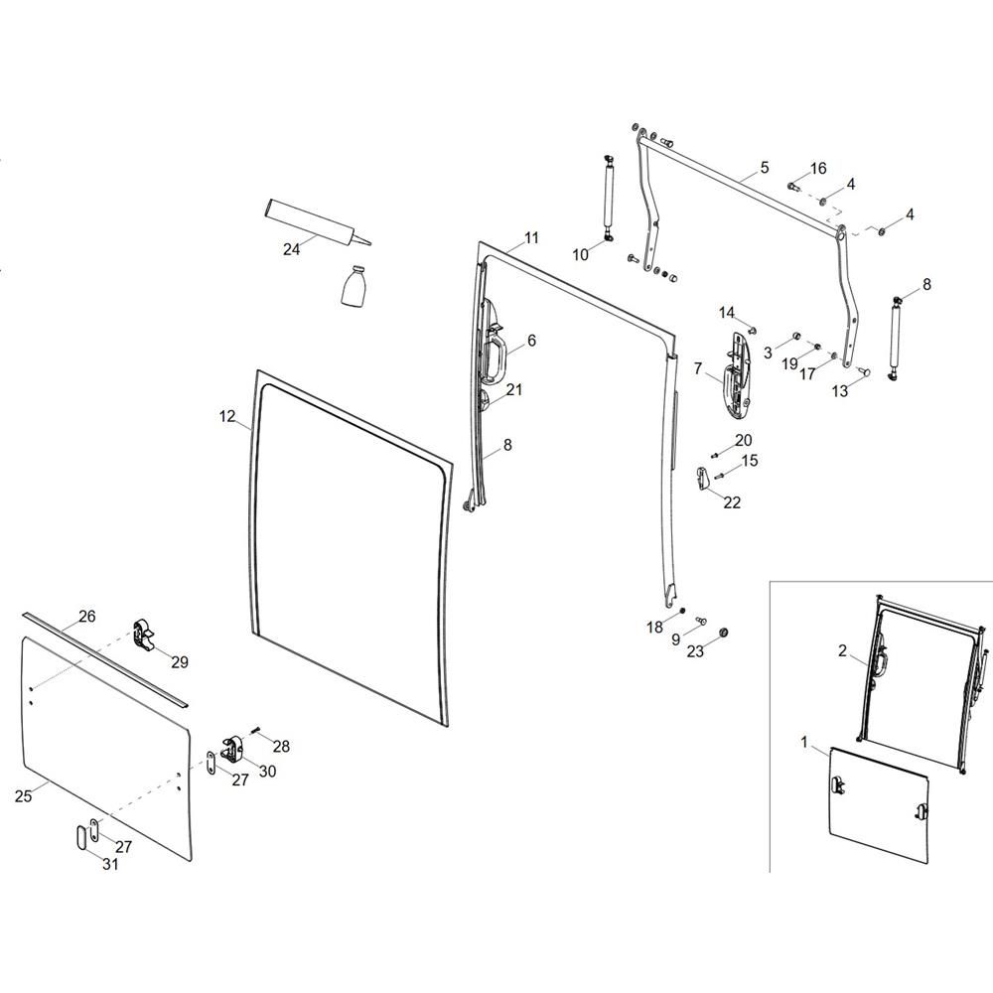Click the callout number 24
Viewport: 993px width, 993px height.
(x=291, y=249)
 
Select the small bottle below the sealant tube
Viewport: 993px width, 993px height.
(x=355, y=288)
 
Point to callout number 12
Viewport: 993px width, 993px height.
(x=226, y=418)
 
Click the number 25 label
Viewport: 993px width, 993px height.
(x=25, y=794)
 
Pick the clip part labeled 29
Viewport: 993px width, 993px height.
(x=145, y=636)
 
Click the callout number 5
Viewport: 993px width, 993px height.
(x=764, y=168)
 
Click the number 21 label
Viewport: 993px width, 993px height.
(x=513, y=390)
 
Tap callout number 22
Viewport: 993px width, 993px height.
(x=732, y=502)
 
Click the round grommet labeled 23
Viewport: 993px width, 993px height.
(x=723, y=633)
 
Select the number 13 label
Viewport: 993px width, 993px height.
(x=840, y=391)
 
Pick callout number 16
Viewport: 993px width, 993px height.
(x=817, y=168)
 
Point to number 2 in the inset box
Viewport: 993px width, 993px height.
(x=842, y=651)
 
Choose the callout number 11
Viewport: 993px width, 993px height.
(x=531, y=238)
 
